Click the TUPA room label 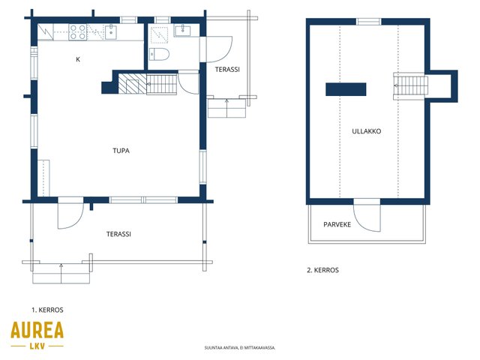[x=121, y=151]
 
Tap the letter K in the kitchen [x=78, y=59]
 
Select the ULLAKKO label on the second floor [x=367, y=131]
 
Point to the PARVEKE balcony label [x=337, y=225]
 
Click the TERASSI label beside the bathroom [x=227, y=70]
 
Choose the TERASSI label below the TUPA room [x=118, y=234]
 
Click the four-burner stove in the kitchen [x=77, y=32]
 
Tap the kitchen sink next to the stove [x=111, y=32]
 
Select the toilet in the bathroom [x=159, y=55]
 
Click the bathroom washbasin [x=183, y=31]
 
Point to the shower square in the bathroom [x=159, y=35]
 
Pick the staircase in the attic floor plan [x=410, y=86]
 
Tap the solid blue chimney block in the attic [x=346, y=89]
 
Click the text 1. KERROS [x=47, y=310]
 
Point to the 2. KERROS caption [x=323, y=270]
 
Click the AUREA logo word [x=37, y=330]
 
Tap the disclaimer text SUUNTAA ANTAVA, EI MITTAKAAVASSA [x=240, y=348]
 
